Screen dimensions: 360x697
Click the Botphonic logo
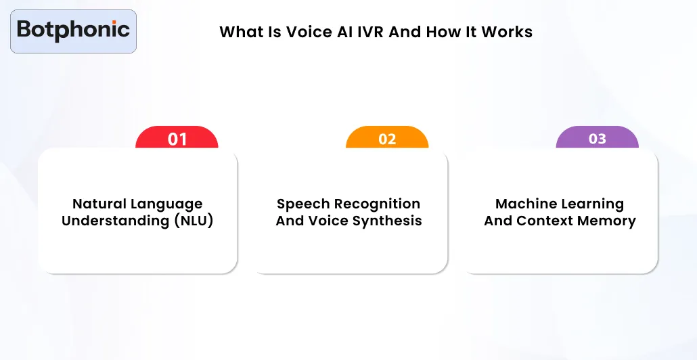[x=73, y=30]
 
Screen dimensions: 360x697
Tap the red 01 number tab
[x=177, y=139]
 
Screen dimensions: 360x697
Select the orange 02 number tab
[x=387, y=139]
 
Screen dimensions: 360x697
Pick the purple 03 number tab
[x=597, y=138]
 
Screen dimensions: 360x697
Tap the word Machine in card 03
[x=522, y=204]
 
